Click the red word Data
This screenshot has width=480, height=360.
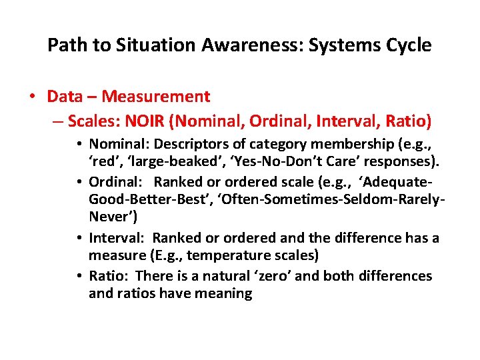[x=65, y=97]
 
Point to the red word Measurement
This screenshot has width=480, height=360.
[x=156, y=97]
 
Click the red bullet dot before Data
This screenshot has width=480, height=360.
[x=33, y=97]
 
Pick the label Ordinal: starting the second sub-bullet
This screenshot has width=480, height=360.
[x=113, y=181]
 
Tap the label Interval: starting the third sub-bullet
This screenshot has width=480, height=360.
[x=115, y=238]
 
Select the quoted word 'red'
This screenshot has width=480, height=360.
[x=103, y=162]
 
